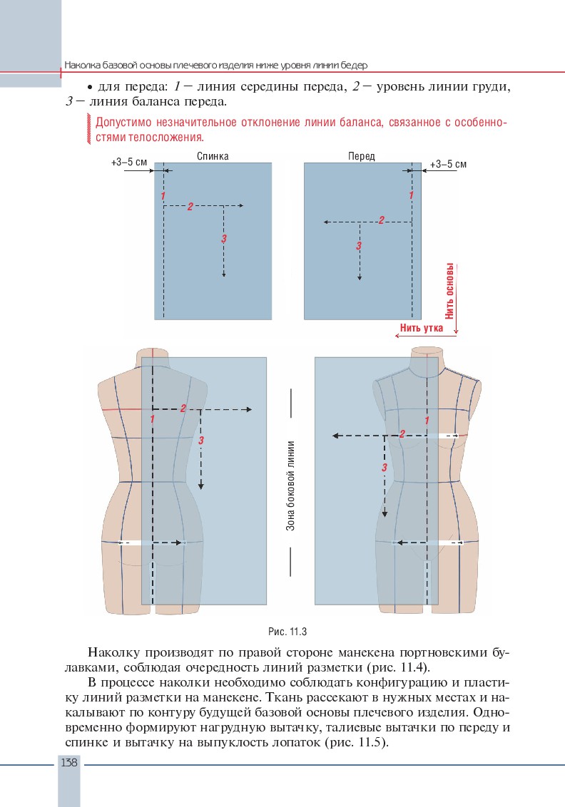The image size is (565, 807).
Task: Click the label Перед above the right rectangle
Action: pos(361,156)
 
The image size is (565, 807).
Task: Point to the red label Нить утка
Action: pos(422,328)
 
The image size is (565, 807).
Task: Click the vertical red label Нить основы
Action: pos(450,291)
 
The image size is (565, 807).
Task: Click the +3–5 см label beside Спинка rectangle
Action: pos(129,163)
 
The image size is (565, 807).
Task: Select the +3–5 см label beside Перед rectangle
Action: pos(448,165)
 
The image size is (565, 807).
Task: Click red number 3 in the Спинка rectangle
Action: pos(224,238)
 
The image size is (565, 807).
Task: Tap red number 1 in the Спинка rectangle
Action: pos(163,195)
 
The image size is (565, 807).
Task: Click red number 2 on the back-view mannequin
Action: pos(183,408)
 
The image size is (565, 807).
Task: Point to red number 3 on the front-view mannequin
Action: pos(385,468)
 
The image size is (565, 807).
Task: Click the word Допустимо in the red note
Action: pos(121,123)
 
